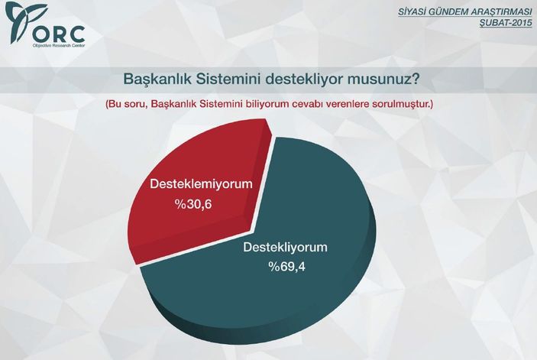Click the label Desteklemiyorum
tap(200, 185)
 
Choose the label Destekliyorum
tap(285, 247)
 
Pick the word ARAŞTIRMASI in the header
tap(500, 11)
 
